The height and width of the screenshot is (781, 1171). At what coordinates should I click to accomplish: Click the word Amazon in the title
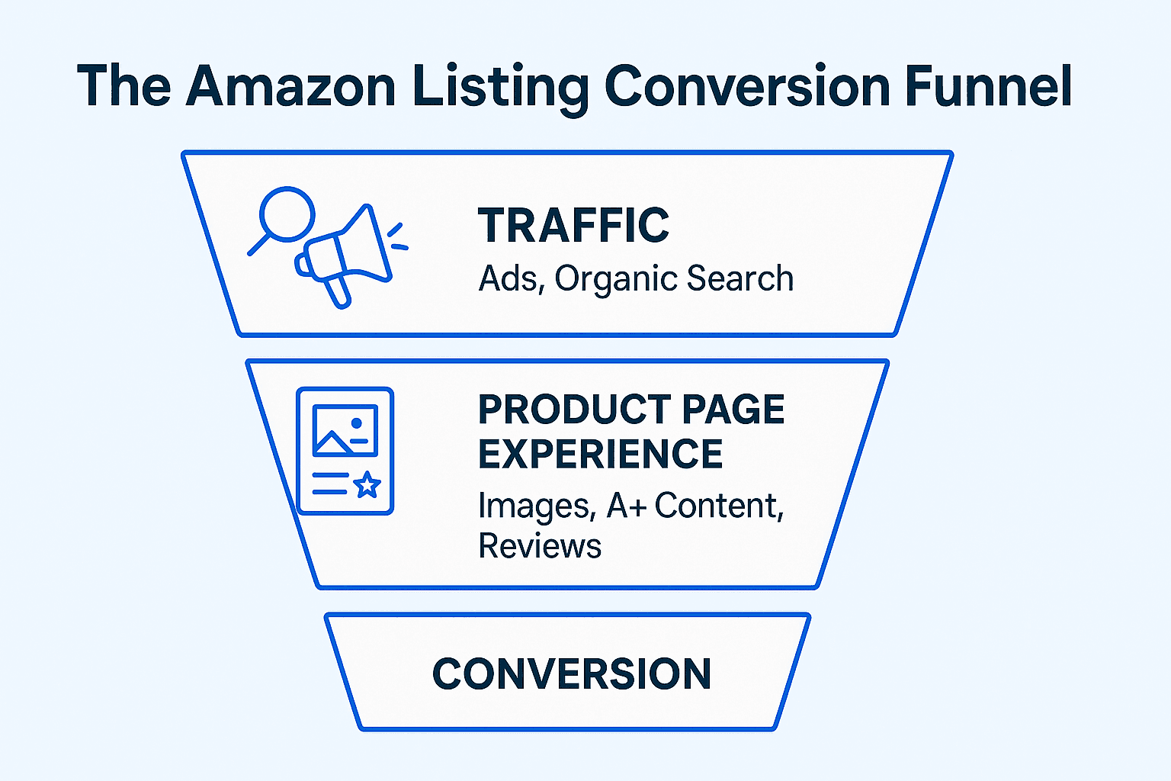pos(290,86)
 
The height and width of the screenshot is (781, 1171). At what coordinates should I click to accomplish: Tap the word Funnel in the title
pos(989,86)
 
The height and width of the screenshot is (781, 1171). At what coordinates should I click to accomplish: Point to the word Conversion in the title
pos(747,86)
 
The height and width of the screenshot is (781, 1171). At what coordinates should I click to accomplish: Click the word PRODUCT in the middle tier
pos(573,410)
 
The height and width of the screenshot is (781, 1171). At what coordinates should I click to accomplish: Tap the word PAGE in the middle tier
pos(733,410)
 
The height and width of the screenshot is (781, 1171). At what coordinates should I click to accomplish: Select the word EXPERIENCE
pos(600,454)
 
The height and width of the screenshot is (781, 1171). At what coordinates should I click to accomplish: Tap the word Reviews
pos(540,546)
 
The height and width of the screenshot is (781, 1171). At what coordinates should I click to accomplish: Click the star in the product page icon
pos(367,484)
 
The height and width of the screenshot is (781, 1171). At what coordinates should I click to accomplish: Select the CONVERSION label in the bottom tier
pos(571,673)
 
